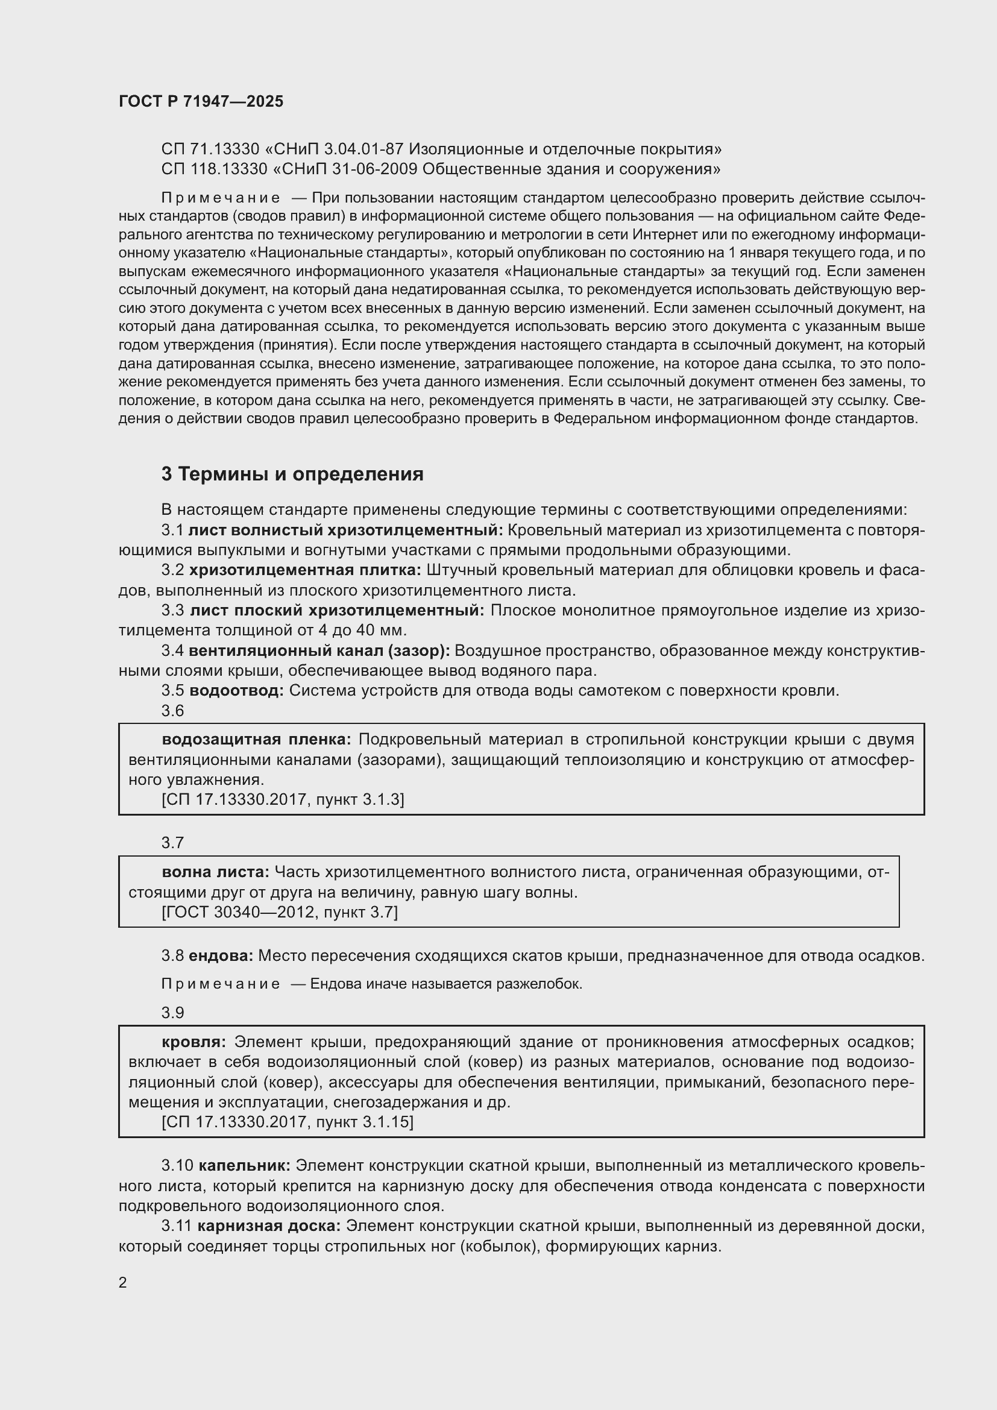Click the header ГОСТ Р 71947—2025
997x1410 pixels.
(x=201, y=101)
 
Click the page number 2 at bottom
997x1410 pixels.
(x=123, y=1283)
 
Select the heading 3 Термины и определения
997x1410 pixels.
(x=292, y=474)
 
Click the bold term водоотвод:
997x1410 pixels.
(x=236, y=691)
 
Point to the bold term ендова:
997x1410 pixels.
(x=221, y=955)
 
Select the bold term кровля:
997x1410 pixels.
(x=194, y=1042)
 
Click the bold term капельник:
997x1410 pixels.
(x=244, y=1166)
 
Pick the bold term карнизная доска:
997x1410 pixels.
(x=269, y=1226)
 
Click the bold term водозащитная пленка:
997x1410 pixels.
(x=256, y=740)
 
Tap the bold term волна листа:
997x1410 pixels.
(x=215, y=872)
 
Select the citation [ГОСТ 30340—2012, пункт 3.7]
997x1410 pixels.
(x=279, y=913)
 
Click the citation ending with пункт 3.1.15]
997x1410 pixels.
(x=288, y=1122)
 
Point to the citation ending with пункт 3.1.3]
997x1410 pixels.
(x=282, y=799)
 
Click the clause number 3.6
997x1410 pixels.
(x=172, y=711)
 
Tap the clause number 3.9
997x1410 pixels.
(x=172, y=1013)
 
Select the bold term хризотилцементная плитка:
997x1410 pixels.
(x=305, y=570)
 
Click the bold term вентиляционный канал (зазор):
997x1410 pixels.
(x=319, y=651)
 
